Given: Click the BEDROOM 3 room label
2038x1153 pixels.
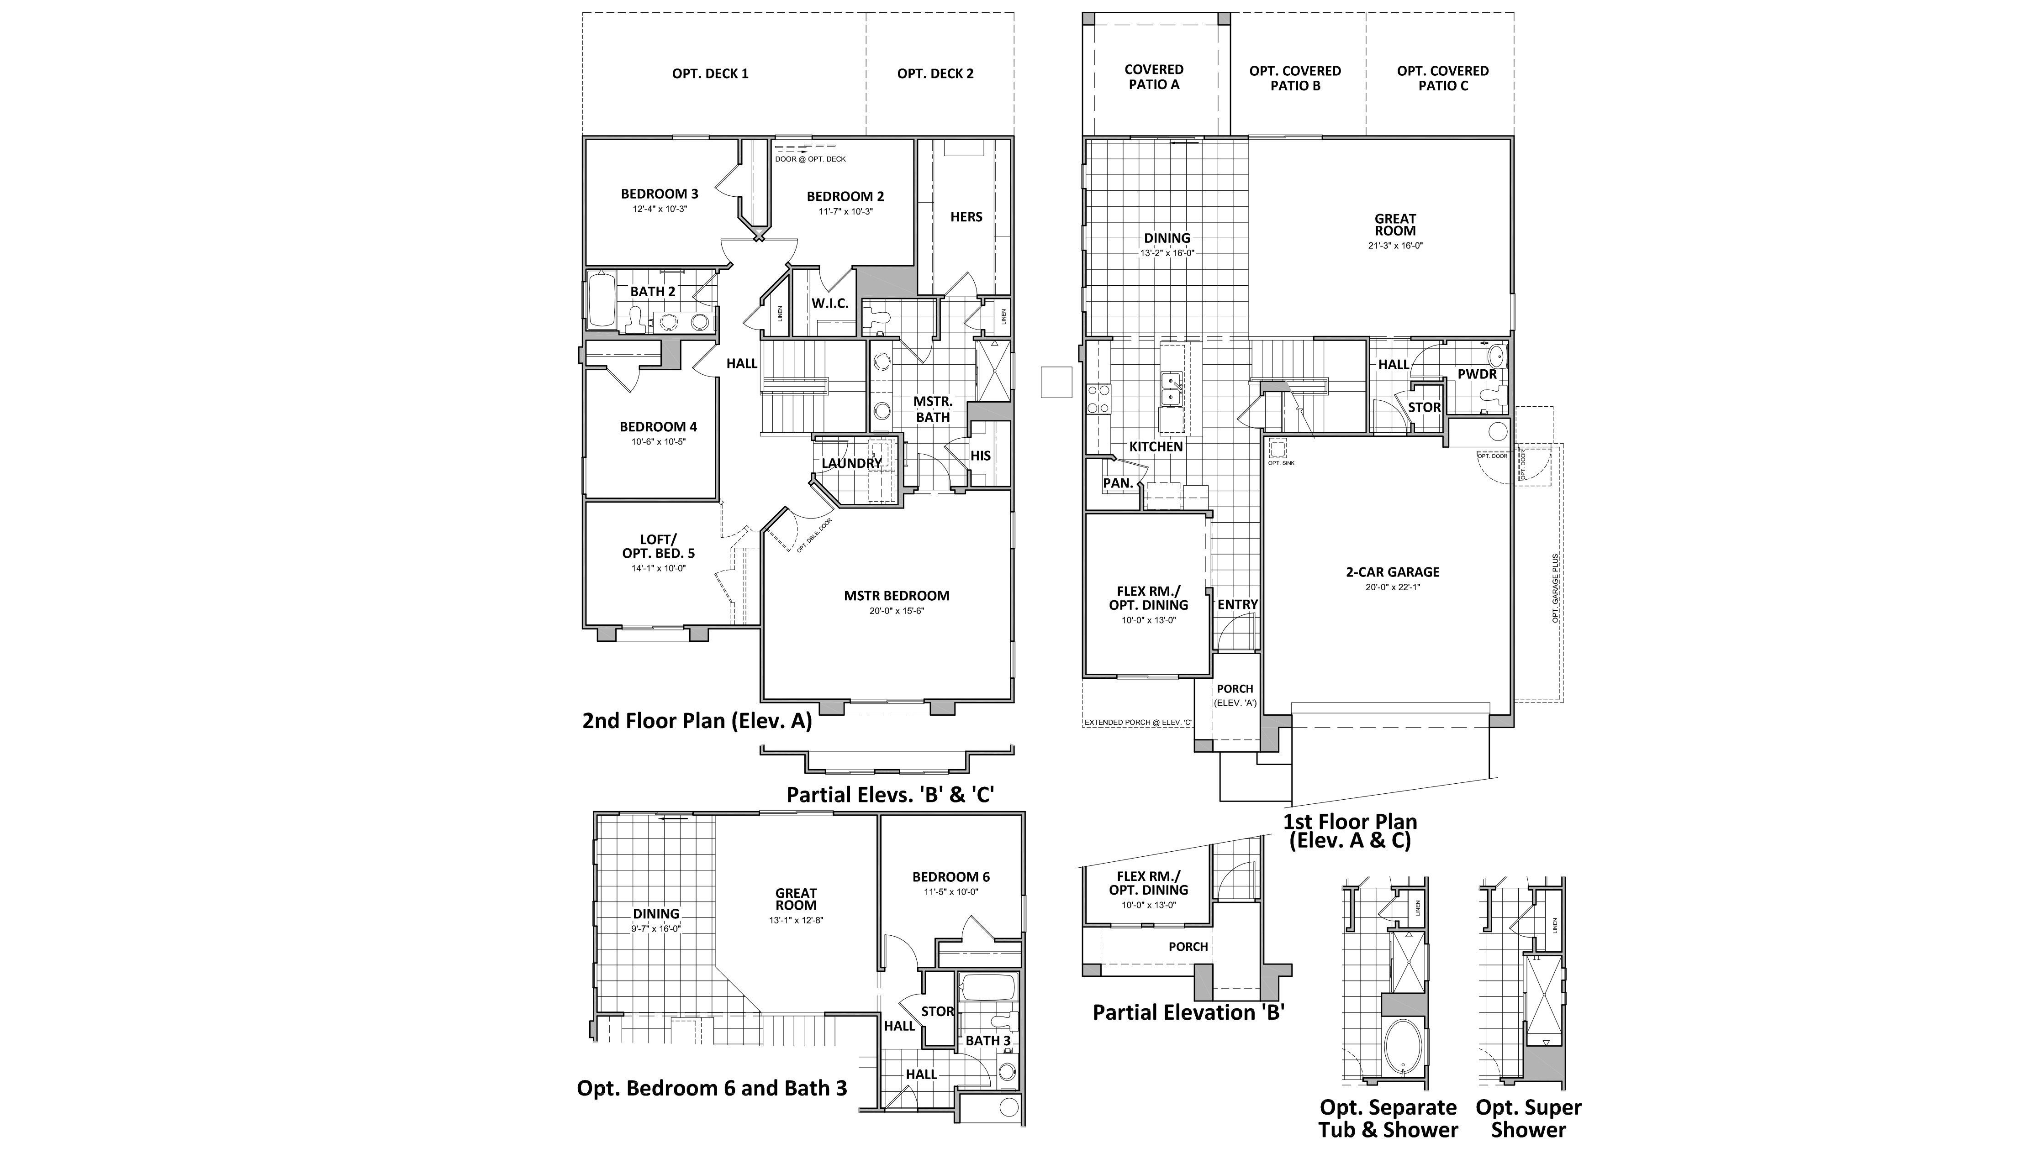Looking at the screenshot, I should pos(659,194).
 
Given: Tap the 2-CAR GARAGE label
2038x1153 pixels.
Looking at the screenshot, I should pos(1392,572).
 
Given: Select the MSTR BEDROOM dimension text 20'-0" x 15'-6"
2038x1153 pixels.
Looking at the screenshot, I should pos(896,611).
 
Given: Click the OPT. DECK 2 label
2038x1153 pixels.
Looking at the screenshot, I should pos(935,73).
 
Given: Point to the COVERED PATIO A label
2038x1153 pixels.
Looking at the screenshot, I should pos(1154,77).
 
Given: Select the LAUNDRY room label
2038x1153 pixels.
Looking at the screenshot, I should pos(851,463).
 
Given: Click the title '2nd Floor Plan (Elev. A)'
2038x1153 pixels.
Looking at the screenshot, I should pos(697,721).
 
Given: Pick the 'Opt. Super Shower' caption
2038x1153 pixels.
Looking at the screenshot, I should pos(1528,1118).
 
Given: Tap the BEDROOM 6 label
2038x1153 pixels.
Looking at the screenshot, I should pos(951,877).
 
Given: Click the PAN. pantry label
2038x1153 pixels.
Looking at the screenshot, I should pos(1117,483).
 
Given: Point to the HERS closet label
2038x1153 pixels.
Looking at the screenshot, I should pos(966,217).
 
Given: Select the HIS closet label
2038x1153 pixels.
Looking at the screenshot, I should pos(980,456).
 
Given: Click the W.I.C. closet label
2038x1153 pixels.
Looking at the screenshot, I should pos(829,303).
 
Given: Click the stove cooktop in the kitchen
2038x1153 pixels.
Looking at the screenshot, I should pos(1098,399).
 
